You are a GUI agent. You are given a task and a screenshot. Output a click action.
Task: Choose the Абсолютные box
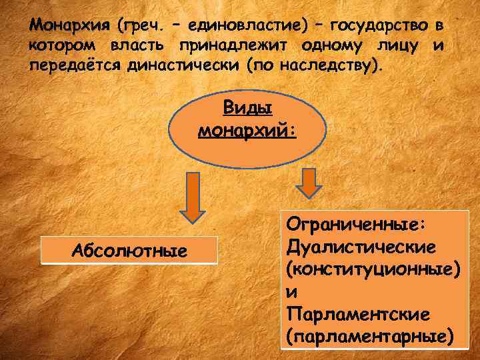(129, 251)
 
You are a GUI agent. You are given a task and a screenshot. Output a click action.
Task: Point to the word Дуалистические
(361, 247)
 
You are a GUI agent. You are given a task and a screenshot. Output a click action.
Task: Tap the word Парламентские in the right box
(357, 313)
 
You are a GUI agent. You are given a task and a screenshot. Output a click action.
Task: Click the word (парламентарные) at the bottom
(370, 335)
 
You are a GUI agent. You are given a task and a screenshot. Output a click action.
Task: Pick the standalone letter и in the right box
(290, 291)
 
